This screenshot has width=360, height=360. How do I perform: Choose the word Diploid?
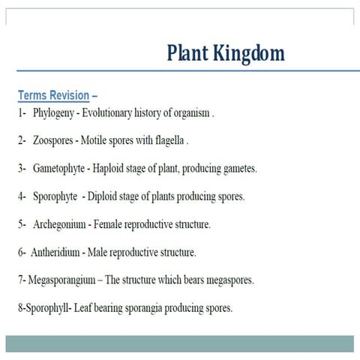click(105, 196)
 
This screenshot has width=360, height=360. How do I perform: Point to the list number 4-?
click(22, 196)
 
